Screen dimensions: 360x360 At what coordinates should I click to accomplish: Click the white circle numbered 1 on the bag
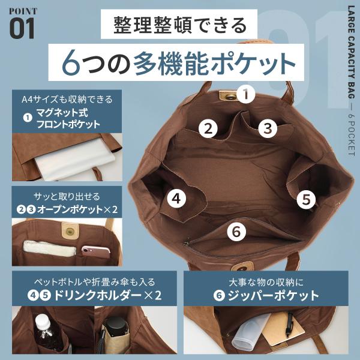pyautogui.click(x=246, y=94)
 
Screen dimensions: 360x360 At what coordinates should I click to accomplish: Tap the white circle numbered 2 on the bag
pyautogui.click(x=208, y=128)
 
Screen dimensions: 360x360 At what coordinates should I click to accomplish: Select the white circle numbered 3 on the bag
pyautogui.click(x=268, y=128)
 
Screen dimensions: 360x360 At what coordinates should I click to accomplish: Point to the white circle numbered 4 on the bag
pyautogui.click(x=176, y=199)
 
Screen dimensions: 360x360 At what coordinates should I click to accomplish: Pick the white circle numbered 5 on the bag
pyautogui.click(x=306, y=199)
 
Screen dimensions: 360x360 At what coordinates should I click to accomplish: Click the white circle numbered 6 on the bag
pyautogui.click(x=236, y=232)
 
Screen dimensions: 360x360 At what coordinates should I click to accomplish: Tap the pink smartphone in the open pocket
pyautogui.click(x=96, y=252)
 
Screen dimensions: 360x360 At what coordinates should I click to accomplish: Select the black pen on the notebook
pyautogui.click(x=289, y=324)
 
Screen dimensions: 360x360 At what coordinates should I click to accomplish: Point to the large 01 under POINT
pyautogui.click(x=22, y=28)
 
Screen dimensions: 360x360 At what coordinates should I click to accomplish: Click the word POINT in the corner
pyautogui.click(x=23, y=11)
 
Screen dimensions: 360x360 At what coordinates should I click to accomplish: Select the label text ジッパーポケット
pyautogui.click(x=274, y=295)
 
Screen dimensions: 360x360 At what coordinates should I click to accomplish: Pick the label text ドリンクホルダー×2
pyautogui.click(x=107, y=295)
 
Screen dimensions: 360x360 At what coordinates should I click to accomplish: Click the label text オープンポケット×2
pyautogui.click(x=77, y=209)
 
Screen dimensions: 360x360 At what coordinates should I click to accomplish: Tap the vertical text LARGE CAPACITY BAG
pyautogui.click(x=352, y=52)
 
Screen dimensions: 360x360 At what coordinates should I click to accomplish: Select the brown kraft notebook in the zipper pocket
pyautogui.click(x=284, y=329)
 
